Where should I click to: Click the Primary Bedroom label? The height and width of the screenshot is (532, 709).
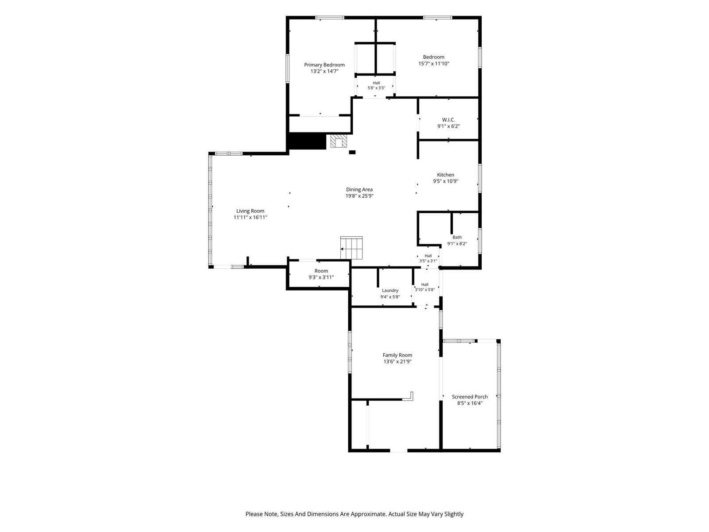[324, 65]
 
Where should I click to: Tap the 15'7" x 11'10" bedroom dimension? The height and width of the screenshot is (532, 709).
[433, 64]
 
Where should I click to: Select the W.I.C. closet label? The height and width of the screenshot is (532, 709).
[448, 120]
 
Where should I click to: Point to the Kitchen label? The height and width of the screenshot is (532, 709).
[445, 175]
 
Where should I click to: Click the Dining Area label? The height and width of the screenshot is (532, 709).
[359, 190]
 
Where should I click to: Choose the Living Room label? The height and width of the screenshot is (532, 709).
[250, 211]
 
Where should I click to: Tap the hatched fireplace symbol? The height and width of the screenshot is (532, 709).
[339, 141]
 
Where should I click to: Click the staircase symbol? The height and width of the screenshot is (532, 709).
[351, 248]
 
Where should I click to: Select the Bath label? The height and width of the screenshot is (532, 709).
[457, 238]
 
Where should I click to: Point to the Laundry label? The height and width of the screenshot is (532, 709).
[390, 291]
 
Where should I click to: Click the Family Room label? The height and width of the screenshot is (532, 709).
[397, 355]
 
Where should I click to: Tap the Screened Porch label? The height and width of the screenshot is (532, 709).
[470, 397]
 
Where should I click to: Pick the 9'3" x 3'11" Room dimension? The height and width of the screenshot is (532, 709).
[321, 277]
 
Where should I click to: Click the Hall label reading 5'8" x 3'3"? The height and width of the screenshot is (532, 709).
[376, 85]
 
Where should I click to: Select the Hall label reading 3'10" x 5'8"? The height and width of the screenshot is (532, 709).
[425, 287]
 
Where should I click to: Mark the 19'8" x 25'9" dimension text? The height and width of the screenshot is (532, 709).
[359, 196]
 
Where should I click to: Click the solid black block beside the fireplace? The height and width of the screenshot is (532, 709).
[307, 141]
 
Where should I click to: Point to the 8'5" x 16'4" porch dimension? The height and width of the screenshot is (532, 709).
[470, 403]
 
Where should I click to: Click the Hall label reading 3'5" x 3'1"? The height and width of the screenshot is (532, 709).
[428, 258]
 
